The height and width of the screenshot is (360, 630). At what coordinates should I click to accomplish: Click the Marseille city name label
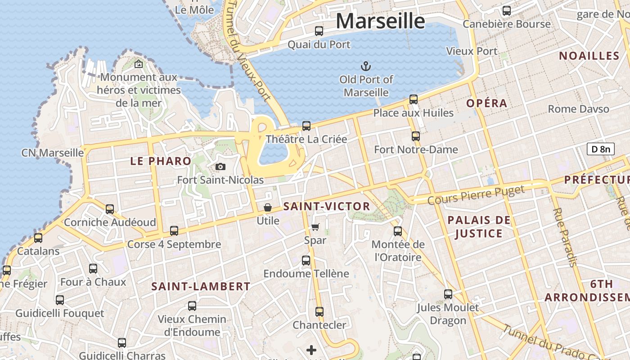[380, 21]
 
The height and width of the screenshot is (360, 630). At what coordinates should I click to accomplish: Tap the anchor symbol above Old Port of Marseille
[366, 67]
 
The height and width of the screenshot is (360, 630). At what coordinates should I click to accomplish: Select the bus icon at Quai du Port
[319, 31]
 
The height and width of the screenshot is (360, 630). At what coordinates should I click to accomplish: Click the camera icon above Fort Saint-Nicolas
[220, 167]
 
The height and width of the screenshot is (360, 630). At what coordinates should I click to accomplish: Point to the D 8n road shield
[600, 149]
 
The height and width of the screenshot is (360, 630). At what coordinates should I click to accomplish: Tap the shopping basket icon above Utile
[268, 207]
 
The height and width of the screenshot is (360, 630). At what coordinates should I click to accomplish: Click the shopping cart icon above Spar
[315, 227]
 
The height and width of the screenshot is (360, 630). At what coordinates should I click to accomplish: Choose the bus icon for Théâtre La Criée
[306, 126]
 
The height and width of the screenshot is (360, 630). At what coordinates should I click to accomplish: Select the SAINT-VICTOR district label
[327, 207]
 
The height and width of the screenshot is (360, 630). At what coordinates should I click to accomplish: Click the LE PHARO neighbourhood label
[161, 161]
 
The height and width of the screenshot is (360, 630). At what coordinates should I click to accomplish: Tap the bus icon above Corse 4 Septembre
[174, 231]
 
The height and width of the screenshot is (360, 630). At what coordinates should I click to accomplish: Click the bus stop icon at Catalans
[38, 238]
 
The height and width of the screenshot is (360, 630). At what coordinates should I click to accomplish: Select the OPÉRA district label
[487, 103]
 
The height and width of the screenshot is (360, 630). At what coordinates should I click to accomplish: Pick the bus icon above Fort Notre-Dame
[416, 136]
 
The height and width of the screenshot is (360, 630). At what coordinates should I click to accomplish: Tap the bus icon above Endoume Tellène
[306, 260]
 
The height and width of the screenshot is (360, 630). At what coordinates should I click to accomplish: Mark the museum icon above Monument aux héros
[138, 64]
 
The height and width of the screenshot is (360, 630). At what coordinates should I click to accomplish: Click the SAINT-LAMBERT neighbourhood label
[201, 286]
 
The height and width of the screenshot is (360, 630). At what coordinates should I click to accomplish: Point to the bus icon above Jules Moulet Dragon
[448, 294]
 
